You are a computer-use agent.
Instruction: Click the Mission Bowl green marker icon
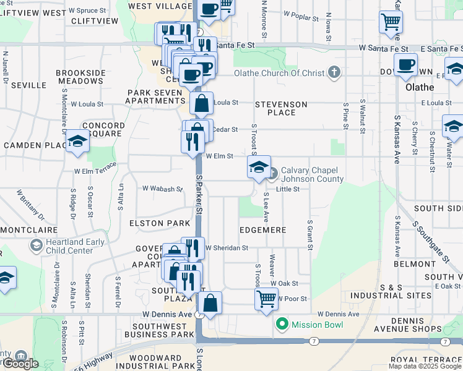[282, 323]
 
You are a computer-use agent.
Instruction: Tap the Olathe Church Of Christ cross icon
[334, 73]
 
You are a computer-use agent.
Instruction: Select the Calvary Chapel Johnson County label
[312, 175]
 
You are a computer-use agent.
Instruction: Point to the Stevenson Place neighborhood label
[279, 108]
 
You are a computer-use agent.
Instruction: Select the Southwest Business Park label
[163, 330]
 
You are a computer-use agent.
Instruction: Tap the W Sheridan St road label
[227, 247]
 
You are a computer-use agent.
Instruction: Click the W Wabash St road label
[162, 188]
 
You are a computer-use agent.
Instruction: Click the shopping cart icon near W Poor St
[266, 299]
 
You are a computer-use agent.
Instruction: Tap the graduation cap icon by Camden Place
[78, 142]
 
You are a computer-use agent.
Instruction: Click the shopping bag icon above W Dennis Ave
[210, 303]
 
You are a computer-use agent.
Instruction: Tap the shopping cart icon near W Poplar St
[391, 22]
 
